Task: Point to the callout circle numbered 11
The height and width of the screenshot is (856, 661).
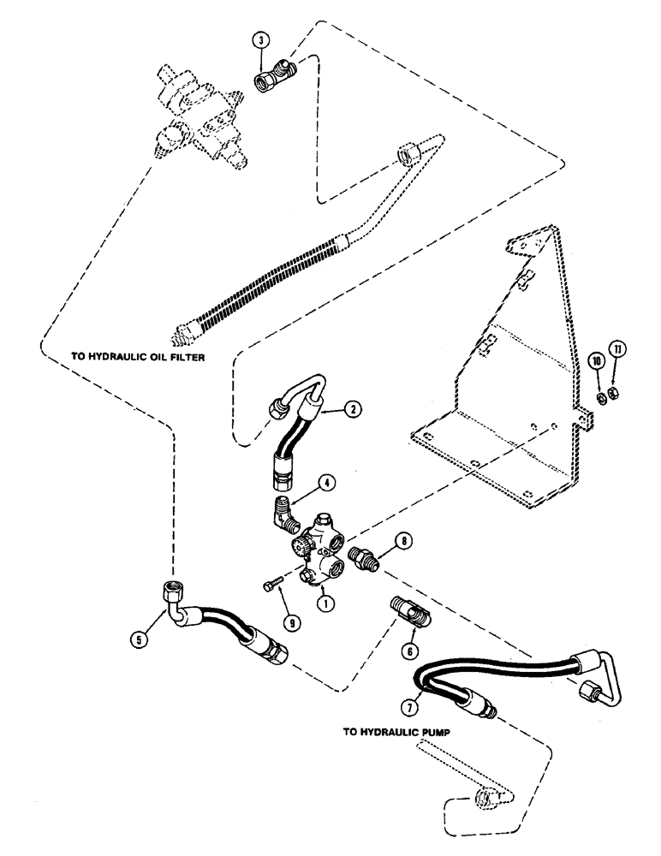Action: (x=617, y=348)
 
